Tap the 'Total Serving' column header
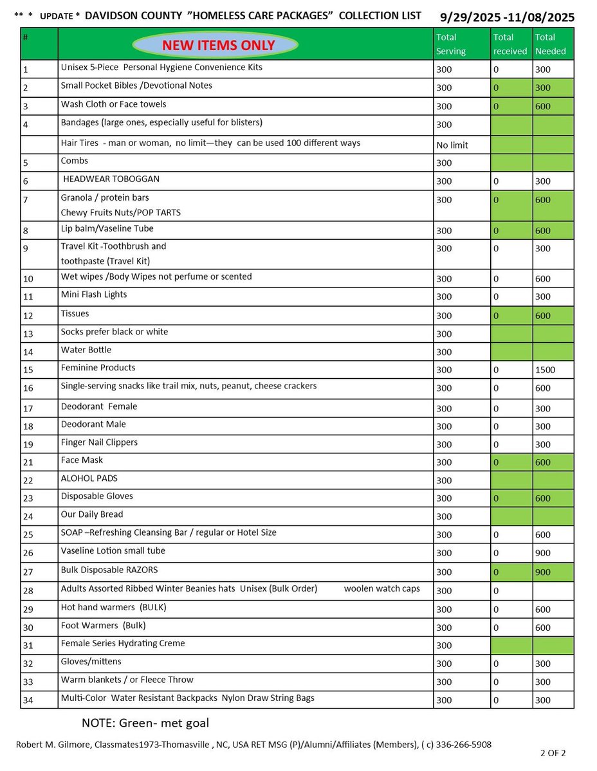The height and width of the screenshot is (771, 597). [x=451, y=44]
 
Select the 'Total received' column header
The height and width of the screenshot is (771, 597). [x=510, y=44]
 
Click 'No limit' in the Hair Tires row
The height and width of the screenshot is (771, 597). [x=452, y=145]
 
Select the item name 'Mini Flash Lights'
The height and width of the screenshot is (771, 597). [x=94, y=295]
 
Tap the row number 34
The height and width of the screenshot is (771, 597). [x=27, y=700]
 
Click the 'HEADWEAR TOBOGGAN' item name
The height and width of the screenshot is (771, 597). [x=110, y=179]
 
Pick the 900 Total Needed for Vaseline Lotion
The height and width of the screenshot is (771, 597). [x=544, y=553]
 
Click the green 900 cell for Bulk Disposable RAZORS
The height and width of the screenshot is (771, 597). [x=544, y=572]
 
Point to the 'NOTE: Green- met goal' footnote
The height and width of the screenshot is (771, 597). [x=145, y=723]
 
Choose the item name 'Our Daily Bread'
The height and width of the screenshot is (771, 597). [x=92, y=514]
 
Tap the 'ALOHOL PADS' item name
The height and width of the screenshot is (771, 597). [x=89, y=478]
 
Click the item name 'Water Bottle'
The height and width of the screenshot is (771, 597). [x=86, y=350]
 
